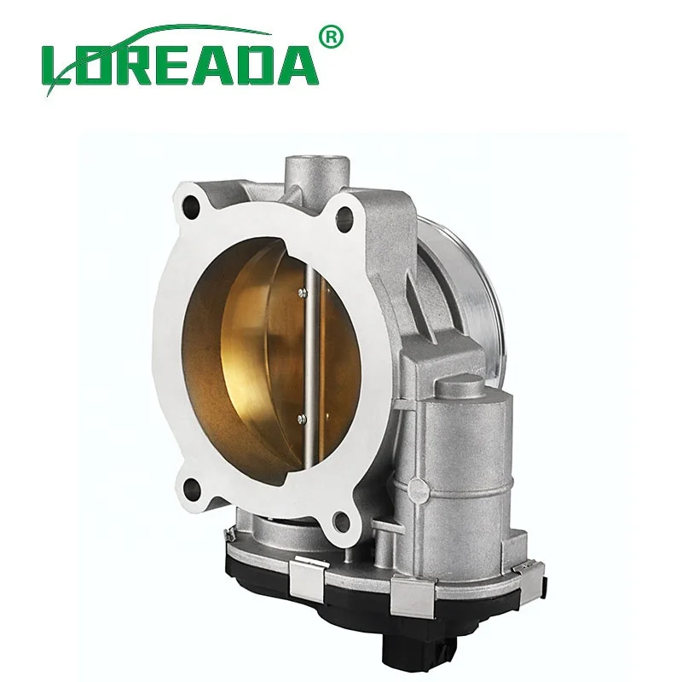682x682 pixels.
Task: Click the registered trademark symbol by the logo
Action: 332,36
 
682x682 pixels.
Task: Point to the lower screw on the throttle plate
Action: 301,419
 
